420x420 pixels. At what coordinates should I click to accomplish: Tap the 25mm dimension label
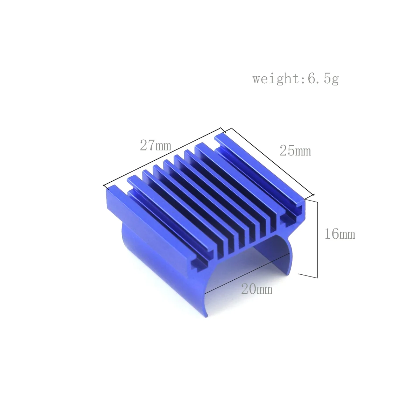tap(295, 151)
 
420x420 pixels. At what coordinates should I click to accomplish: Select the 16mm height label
tap(339, 234)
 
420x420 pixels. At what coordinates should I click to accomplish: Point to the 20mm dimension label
tap(257, 289)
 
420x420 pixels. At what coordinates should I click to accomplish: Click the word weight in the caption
tap(275, 79)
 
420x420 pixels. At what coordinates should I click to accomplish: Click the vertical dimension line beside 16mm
tap(317, 238)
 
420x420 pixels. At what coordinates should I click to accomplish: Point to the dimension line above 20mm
tap(245, 272)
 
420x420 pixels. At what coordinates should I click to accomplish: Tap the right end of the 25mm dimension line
tap(313, 195)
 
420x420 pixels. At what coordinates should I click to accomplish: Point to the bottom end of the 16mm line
tap(317, 277)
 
